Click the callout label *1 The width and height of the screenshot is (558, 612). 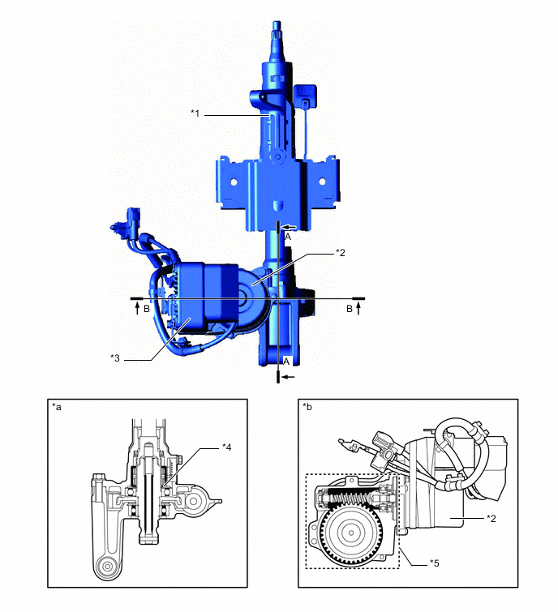coord(195,113)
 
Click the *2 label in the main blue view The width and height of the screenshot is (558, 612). coord(341,252)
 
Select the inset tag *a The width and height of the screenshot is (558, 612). coord(57,405)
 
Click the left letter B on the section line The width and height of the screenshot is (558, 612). coord(147,309)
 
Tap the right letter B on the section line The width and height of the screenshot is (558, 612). coord(349,309)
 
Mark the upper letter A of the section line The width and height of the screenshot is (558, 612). coord(288,237)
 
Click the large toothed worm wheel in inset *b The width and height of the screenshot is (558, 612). coord(352,533)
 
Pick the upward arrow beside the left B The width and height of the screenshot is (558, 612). coord(137,308)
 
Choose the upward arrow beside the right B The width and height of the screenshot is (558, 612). coord(358,308)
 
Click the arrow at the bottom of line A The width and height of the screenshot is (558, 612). coord(290,377)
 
